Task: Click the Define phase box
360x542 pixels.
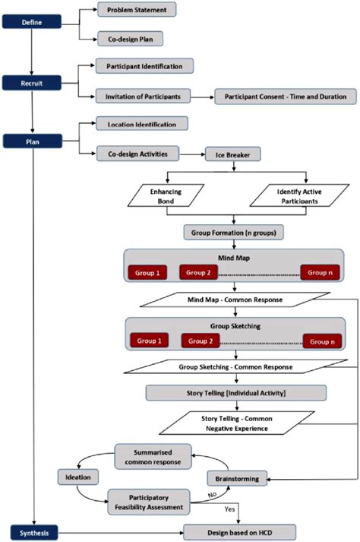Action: click(x=30, y=23)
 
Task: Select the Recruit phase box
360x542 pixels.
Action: click(x=30, y=81)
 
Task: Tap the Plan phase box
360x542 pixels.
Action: click(x=30, y=141)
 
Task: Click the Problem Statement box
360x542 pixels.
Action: click(x=137, y=10)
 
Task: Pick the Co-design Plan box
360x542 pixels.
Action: click(x=130, y=37)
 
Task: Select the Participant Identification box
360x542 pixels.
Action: click(x=144, y=66)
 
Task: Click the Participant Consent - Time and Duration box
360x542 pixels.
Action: click(x=285, y=96)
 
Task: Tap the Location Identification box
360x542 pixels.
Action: click(x=142, y=123)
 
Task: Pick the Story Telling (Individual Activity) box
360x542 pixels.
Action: click(x=236, y=392)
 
